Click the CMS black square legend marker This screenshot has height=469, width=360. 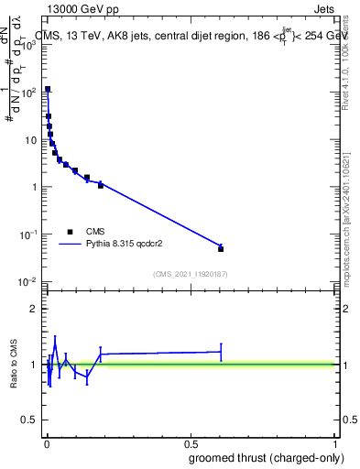70,232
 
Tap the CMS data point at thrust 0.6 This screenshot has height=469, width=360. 221,248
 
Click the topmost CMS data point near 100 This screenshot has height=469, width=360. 48,90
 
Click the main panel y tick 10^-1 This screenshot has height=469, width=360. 27,234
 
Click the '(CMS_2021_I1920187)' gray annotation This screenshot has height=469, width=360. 190,273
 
